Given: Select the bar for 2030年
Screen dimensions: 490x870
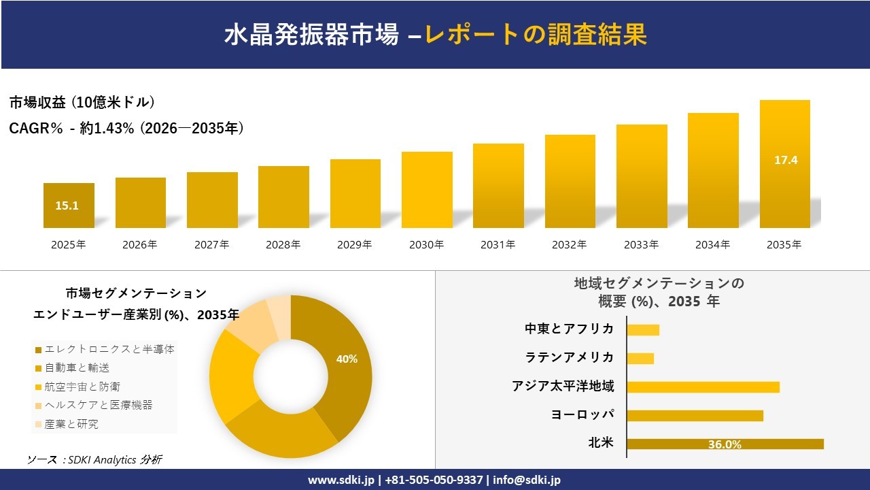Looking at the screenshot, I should (427, 190).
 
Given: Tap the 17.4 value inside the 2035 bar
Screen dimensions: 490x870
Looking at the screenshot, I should (785, 161).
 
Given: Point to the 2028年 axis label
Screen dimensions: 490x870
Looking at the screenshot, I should (283, 245).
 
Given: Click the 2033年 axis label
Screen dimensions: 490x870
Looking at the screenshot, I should (642, 245).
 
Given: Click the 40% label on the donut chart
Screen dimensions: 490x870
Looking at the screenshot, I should (347, 359).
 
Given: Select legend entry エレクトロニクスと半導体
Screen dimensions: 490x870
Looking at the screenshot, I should (109, 349).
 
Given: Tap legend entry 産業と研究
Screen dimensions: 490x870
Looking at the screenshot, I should (71, 424).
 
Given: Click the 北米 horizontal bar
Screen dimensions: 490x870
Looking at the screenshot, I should (725, 444).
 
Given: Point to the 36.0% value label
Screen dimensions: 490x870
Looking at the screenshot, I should (725, 444).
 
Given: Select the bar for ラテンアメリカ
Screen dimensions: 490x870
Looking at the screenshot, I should (640, 358).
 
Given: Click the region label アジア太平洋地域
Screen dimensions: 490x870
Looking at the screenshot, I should (563, 387).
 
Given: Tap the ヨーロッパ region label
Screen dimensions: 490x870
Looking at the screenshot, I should (582, 415).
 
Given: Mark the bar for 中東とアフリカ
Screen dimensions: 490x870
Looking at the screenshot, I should (643, 330).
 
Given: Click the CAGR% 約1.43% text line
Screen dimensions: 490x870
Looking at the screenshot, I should (126, 128).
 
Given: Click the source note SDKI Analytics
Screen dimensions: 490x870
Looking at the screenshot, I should (94, 459).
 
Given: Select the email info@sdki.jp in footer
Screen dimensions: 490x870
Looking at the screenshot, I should (527, 480).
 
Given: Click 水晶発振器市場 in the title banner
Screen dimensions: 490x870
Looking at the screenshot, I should (311, 35).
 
